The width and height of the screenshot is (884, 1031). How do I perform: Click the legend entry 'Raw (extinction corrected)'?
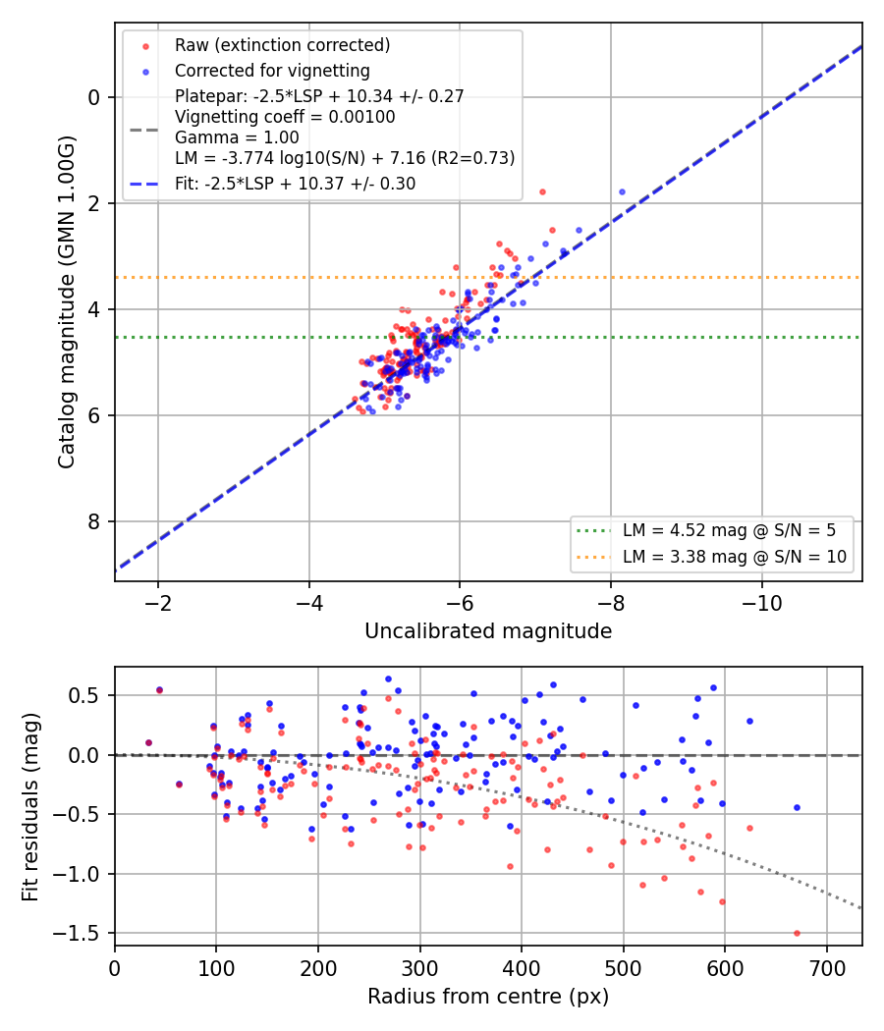(x=282, y=45)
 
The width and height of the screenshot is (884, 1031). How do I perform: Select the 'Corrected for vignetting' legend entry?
(x=272, y=71)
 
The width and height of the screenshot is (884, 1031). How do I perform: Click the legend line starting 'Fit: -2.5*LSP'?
(x=296, y=184)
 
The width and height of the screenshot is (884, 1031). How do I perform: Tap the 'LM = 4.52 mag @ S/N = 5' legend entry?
(x=729, y=530)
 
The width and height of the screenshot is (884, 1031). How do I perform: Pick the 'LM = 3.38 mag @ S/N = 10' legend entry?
(x=734, y=557)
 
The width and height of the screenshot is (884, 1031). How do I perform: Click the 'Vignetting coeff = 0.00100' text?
(x=285, y=117)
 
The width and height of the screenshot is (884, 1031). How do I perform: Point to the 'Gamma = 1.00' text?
(x=237, y=137)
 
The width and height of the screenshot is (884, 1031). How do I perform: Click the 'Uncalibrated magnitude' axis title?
(x=488, y=631)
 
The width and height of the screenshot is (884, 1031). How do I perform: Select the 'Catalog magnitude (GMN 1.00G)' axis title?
(x=67, y=302)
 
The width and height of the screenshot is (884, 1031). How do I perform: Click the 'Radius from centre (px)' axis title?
(x=488, y=997)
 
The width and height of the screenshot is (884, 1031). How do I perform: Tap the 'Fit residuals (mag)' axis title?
(x=30, y=807)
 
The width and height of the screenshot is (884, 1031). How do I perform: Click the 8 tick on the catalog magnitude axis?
(x=94, y=521)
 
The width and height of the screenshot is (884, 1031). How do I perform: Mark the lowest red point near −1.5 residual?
(x=797, y=933)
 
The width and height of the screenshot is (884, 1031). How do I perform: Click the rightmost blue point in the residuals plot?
(x=797, y=807)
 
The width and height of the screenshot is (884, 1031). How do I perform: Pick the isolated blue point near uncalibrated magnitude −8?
(x=622, y=192)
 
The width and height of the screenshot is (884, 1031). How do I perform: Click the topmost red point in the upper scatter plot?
(x=542, y=192)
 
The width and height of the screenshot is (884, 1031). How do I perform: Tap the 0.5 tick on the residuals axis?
(x=84, y=695)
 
